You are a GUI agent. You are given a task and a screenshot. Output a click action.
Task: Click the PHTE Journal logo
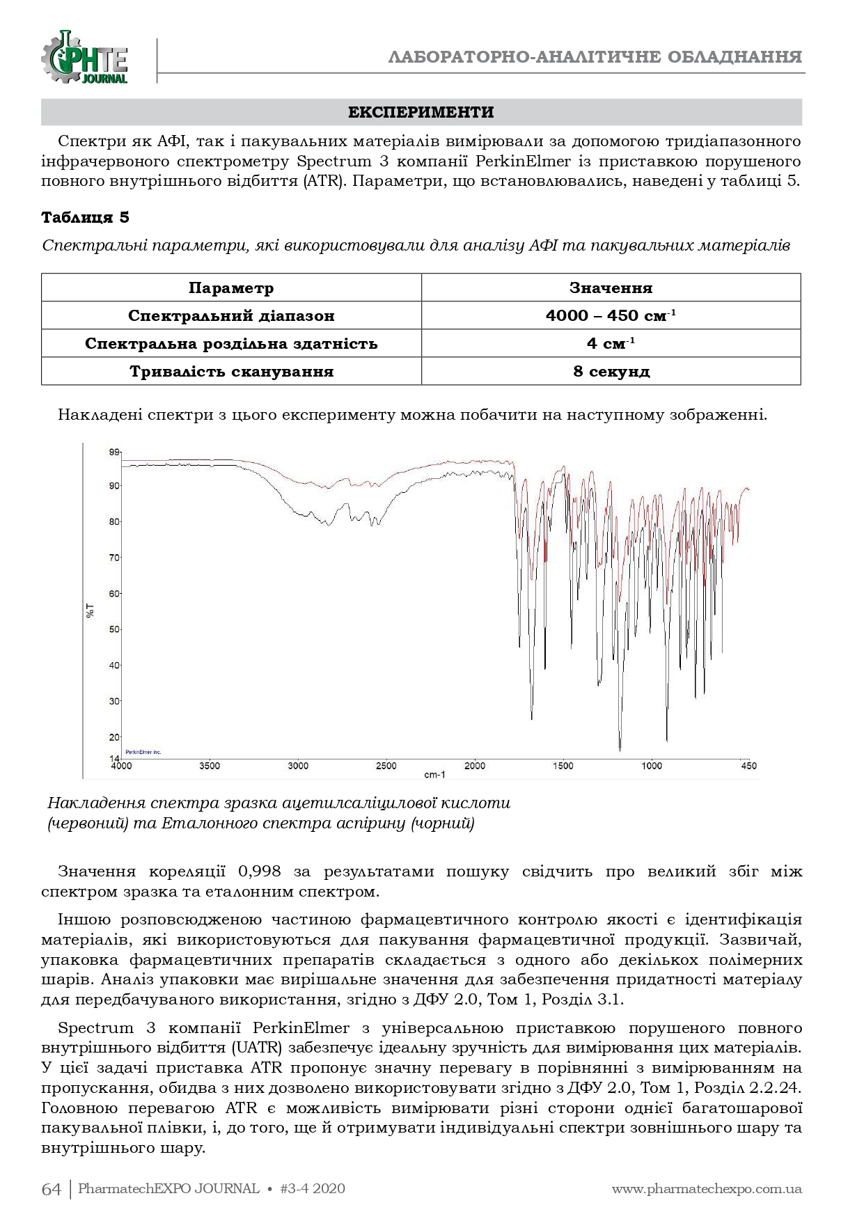point(85,58)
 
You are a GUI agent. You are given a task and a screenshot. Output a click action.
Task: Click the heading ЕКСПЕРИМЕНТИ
point(421,113)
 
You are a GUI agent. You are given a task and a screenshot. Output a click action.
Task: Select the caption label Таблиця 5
point(86,217)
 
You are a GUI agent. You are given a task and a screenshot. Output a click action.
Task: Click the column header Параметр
point(231,288)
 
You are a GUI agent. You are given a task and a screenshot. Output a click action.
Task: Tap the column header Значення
point(611,288)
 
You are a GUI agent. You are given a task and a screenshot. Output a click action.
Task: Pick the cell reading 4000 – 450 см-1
point(611,315)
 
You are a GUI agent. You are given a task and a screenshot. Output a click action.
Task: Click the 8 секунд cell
point(611,371)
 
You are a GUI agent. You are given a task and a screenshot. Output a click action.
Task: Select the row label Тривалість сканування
point(231,371)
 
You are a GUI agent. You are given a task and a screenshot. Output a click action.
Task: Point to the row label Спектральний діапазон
point(231,315)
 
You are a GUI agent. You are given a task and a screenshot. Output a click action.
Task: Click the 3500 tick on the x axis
point(210,766)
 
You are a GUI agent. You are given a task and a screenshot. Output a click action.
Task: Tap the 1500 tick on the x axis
point(563,766)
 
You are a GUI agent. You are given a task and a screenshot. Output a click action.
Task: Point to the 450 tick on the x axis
point(746,766)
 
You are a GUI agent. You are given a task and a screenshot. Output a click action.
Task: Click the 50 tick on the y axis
point(114,629)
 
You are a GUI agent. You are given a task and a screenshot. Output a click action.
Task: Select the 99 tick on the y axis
point(114,452)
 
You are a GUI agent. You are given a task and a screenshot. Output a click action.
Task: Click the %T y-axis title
point(91,612)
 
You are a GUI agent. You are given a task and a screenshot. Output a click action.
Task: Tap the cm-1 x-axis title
point(434,774)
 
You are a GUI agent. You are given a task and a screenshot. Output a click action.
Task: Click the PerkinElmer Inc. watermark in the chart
point(143,752)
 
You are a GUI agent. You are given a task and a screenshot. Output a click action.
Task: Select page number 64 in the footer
point(52,1189)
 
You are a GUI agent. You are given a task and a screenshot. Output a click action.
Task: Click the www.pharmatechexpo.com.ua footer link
point(707,1189)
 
